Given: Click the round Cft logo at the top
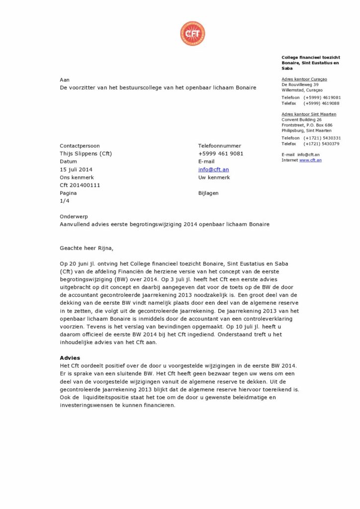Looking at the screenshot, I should [192, 34].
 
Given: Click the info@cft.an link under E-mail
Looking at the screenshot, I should [213, 170].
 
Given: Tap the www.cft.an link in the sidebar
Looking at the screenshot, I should [310, 160].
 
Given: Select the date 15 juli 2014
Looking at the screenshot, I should [76, 170].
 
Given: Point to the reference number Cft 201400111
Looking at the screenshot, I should [80, 185].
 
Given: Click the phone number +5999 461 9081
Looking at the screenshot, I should [221, 154].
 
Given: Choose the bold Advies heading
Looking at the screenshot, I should [70, 358].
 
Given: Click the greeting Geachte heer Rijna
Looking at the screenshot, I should [90, 248].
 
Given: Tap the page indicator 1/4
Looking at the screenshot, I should [65, 201].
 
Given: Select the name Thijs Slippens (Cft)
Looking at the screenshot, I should [86, 154].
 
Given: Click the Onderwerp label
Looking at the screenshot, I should [74, 217].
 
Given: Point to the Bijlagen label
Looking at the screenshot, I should [208, 193].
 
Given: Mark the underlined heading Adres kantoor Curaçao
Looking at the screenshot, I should [304, 79].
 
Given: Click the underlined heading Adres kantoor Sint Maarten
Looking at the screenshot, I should [309, 114].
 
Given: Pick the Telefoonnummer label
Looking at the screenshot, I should [219, 146].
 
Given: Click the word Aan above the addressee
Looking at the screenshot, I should [65, 80].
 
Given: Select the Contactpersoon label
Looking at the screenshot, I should [80, 146].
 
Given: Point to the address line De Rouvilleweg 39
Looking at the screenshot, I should [300, 85].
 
